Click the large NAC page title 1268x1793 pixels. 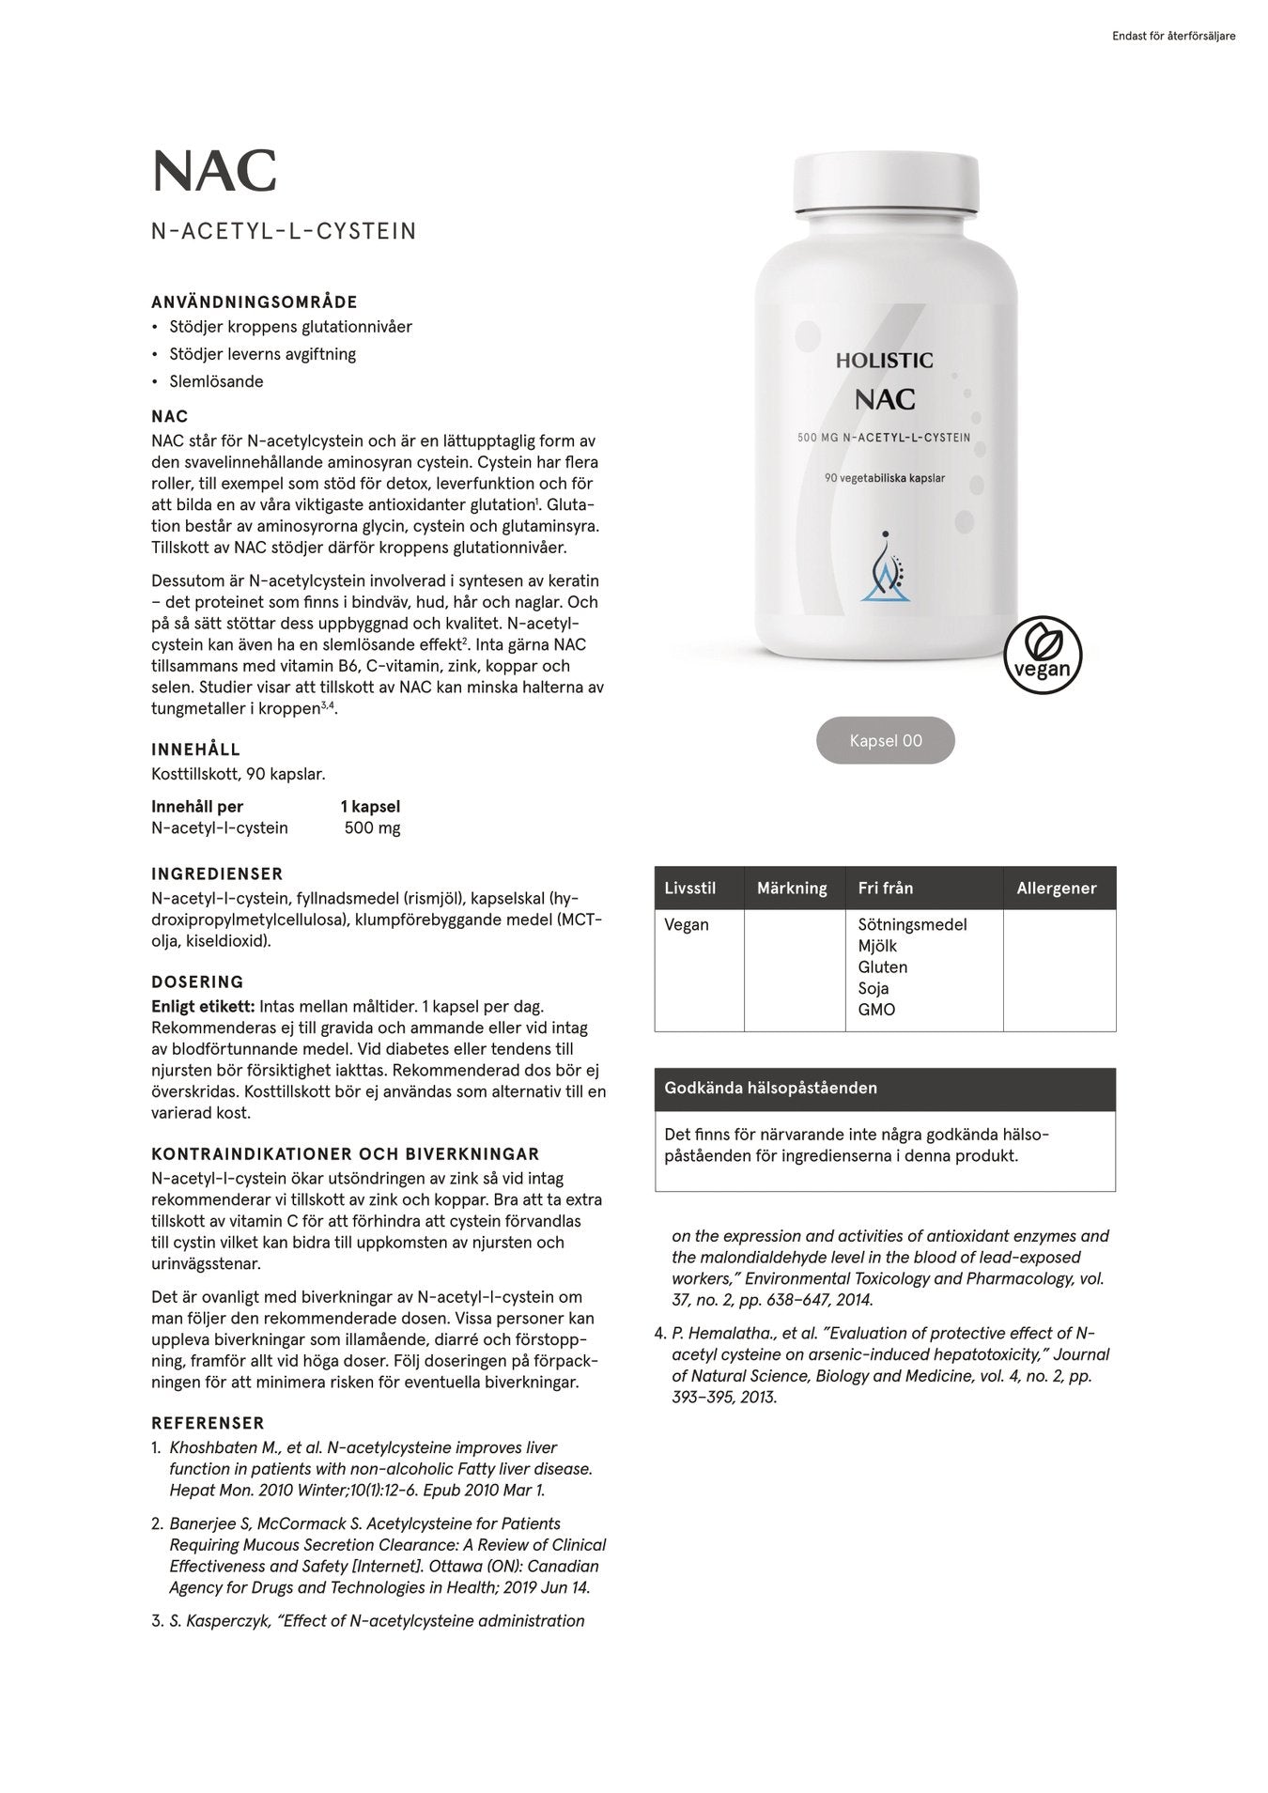(214, 171)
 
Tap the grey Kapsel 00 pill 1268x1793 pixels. (885, 740)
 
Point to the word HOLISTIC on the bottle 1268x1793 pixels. (884, 360)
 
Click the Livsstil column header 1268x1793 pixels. (689, 888)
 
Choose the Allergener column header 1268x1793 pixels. (1056, 888)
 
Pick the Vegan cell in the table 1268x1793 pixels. (687, 924)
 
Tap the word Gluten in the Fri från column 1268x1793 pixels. (882, 966)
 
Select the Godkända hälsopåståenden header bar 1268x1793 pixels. (885, 1089)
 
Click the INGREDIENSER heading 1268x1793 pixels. (217, 873)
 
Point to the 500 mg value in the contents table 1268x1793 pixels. (372, 827)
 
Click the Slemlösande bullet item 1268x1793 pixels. (216, 381)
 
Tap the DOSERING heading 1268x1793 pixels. (197, 982)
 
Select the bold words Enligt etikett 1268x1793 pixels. (203, 1006)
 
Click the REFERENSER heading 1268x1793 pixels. (208, 1423)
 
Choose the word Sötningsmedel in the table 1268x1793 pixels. (912, 924)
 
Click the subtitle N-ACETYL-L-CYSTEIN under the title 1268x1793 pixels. (284, 231)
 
